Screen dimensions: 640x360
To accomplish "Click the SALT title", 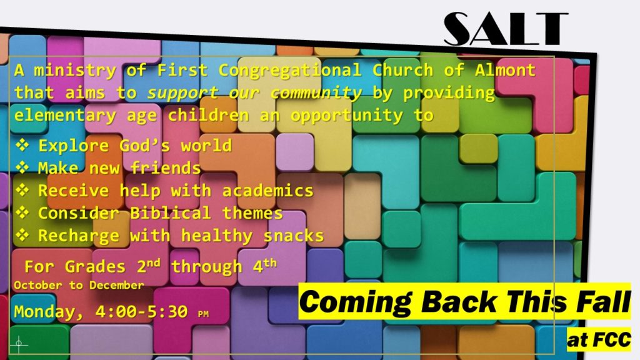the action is point(506,28).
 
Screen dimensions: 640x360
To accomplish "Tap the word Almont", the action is point(505,70).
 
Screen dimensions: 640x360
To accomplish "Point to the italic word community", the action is point(316,93).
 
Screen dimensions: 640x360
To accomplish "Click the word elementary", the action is point(65,116).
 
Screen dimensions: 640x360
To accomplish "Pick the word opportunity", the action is point(346,116).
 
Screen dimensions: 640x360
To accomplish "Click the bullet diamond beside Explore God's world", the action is point(22,145).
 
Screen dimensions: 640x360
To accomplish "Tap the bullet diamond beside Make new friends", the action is point(22,167).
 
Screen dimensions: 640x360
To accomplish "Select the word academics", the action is point(267,191).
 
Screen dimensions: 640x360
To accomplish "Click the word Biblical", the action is point(170,213).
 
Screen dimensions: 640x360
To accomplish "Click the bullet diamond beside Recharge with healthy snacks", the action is point(22,235).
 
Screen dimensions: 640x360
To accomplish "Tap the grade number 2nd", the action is point(149,265).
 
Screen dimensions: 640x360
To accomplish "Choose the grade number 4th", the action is point(264,265).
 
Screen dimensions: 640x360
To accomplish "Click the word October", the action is point(38,285).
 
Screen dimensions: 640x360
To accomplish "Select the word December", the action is point(117,285).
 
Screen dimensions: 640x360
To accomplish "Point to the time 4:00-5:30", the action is point(142,311).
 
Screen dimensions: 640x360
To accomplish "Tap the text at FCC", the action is point(599,339).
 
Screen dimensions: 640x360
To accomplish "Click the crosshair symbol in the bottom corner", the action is point(19,344).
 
